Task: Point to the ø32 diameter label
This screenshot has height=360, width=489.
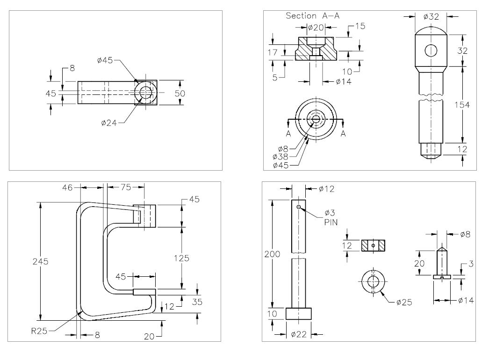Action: (431, 16)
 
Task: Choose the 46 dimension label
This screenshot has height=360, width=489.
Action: (68, 186)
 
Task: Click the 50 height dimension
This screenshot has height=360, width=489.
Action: (180, 93)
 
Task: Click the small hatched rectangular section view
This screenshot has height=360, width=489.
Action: (373, 245)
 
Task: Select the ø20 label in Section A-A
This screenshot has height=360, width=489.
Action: (316, 28)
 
